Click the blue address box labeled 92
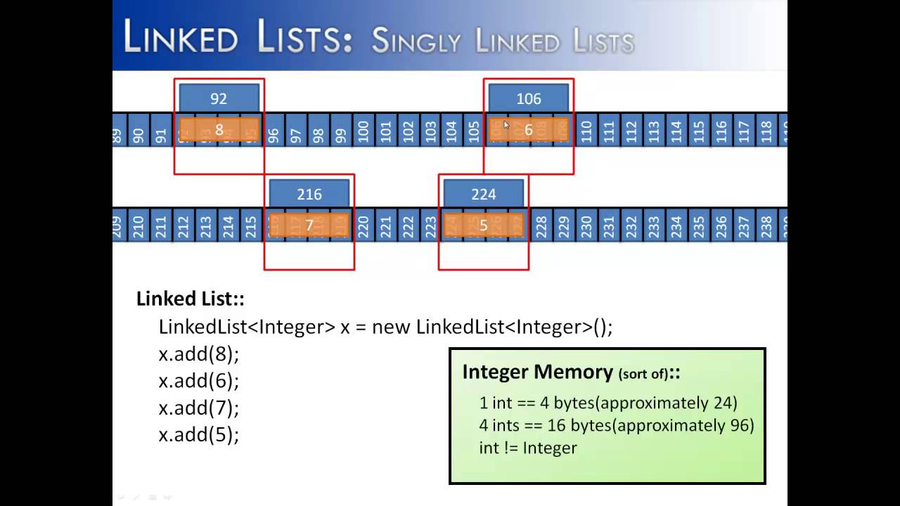pos(219,98)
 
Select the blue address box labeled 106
pos(528,98)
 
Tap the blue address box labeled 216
pos(309,194)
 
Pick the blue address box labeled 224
pos(483,194)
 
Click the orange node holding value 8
pos(219,130)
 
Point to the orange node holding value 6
pos(528,130)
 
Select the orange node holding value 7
pos(309,226)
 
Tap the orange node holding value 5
pos(483,226)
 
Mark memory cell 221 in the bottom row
pos(386,226)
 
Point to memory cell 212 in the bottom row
pos(184,226)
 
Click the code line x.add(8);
pos(199,354)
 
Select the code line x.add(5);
pos(199,435)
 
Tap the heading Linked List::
pos(190,299)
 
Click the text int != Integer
pos(527,448)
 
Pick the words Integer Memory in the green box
pos(537,372)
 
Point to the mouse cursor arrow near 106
pos(506,124)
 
